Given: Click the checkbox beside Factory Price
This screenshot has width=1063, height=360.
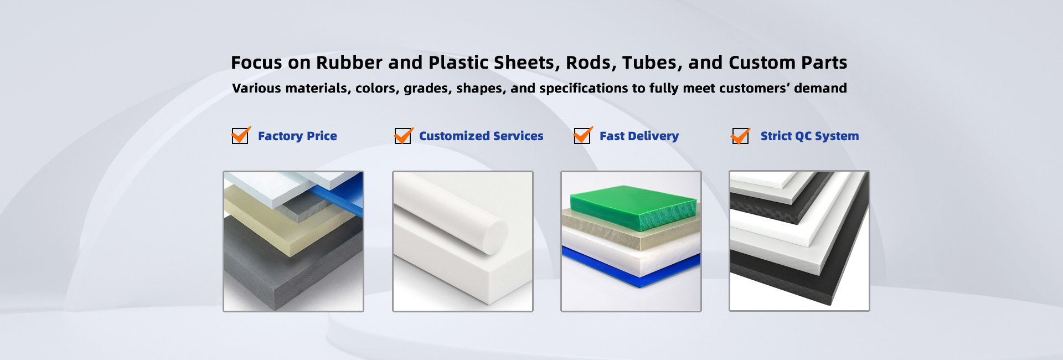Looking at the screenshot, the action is [240, 136].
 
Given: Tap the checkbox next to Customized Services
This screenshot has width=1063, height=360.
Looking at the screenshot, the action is [403, 136].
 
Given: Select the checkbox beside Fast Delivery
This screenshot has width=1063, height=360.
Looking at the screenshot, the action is [582, 136].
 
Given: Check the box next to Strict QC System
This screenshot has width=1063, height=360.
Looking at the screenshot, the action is [740, 136].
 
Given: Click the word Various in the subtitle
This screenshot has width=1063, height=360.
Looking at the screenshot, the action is [256, 88].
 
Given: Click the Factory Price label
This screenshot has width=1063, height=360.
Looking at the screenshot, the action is [297, 136].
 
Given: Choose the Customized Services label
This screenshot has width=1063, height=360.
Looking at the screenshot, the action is [481, 136].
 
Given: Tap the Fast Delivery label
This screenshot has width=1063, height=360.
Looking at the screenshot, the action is [639, 136].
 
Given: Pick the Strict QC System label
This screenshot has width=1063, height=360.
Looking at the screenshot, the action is [809, 136].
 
